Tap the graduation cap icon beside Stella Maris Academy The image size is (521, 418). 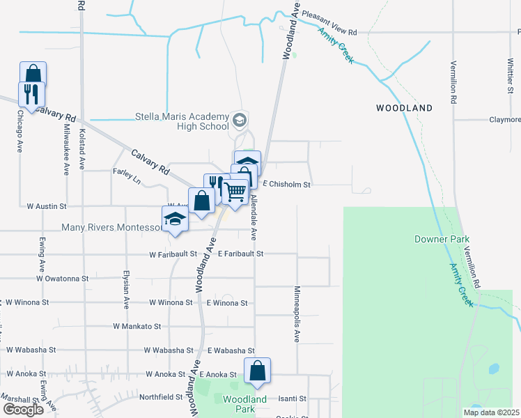(240, 121)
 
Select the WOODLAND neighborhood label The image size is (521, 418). (404, 108)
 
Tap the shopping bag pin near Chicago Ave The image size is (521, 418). (33, 75)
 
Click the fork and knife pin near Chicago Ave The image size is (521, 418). (31, 93)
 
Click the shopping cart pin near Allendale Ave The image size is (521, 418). (236, 192)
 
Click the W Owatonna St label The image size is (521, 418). (63, 278)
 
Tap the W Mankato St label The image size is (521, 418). (137, 325)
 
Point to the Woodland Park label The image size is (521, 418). (244, 404)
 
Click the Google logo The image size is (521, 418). (23, 410)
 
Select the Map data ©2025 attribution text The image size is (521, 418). (491, 412)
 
